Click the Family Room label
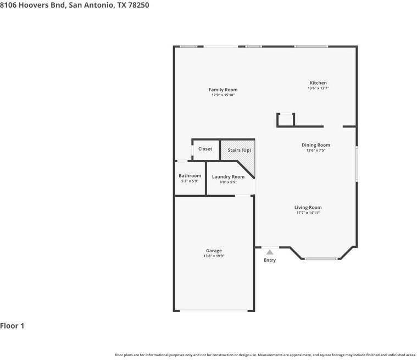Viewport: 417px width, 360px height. [223, 90]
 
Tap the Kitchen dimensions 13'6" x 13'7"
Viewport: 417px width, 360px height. [318, 88]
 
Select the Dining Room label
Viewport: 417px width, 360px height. [316, 145]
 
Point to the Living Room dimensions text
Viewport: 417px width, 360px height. [308, 213]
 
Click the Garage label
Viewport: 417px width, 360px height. [214, 251]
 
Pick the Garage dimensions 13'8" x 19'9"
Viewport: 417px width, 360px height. [214, 256]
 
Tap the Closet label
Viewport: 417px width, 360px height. [205, 149]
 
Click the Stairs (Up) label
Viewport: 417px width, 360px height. [240, 150]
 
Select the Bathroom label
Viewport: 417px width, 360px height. [190, 176]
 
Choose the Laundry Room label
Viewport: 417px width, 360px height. [228, 176]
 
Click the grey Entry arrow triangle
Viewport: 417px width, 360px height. [270, 252]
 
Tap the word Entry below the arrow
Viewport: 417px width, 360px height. [270, 260]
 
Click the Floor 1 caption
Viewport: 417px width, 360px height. [12, 326]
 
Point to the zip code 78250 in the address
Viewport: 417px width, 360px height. [138, 5]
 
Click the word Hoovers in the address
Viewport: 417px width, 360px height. [34, 5]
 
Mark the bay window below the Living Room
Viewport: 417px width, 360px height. [321, 259]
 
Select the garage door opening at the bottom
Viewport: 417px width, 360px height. [214, 311]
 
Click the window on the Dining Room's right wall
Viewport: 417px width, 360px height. [357, 164]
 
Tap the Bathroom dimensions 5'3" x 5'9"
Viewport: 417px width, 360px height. [190, 181]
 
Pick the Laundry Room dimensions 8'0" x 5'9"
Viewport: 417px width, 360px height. [228, 182]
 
